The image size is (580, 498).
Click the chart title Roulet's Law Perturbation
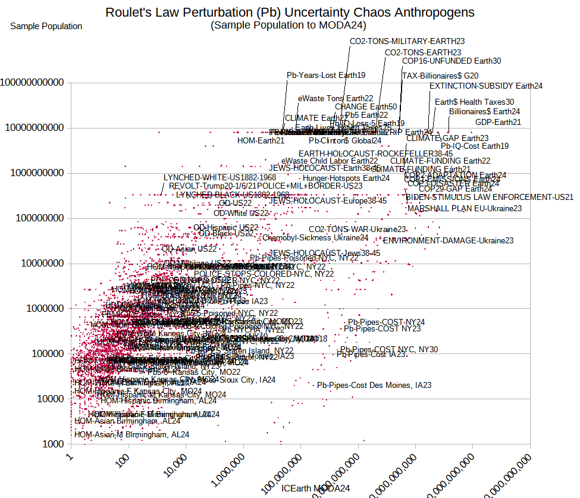coord(290,12)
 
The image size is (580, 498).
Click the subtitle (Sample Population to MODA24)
coord(289,25)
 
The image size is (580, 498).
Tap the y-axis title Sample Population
coord(46,26)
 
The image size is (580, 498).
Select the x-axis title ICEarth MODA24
coord(316,488)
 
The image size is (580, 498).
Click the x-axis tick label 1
coord(71,457)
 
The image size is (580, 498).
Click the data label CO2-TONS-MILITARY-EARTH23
coord(407,42)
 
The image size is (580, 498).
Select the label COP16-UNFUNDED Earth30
coord(452,61)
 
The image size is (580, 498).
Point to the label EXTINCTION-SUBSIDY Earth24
coord(485,86)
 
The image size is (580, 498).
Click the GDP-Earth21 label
coord(498,123)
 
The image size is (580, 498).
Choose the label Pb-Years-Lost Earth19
coord(326,76)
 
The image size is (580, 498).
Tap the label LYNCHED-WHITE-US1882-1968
coord(220,177)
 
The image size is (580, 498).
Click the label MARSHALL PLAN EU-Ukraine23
coord(465,208)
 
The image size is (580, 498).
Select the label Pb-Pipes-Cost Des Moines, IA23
coord(374,385)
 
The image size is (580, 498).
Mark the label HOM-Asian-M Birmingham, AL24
coord(131,434)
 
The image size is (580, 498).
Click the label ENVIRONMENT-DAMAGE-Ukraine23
coord(448,241)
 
